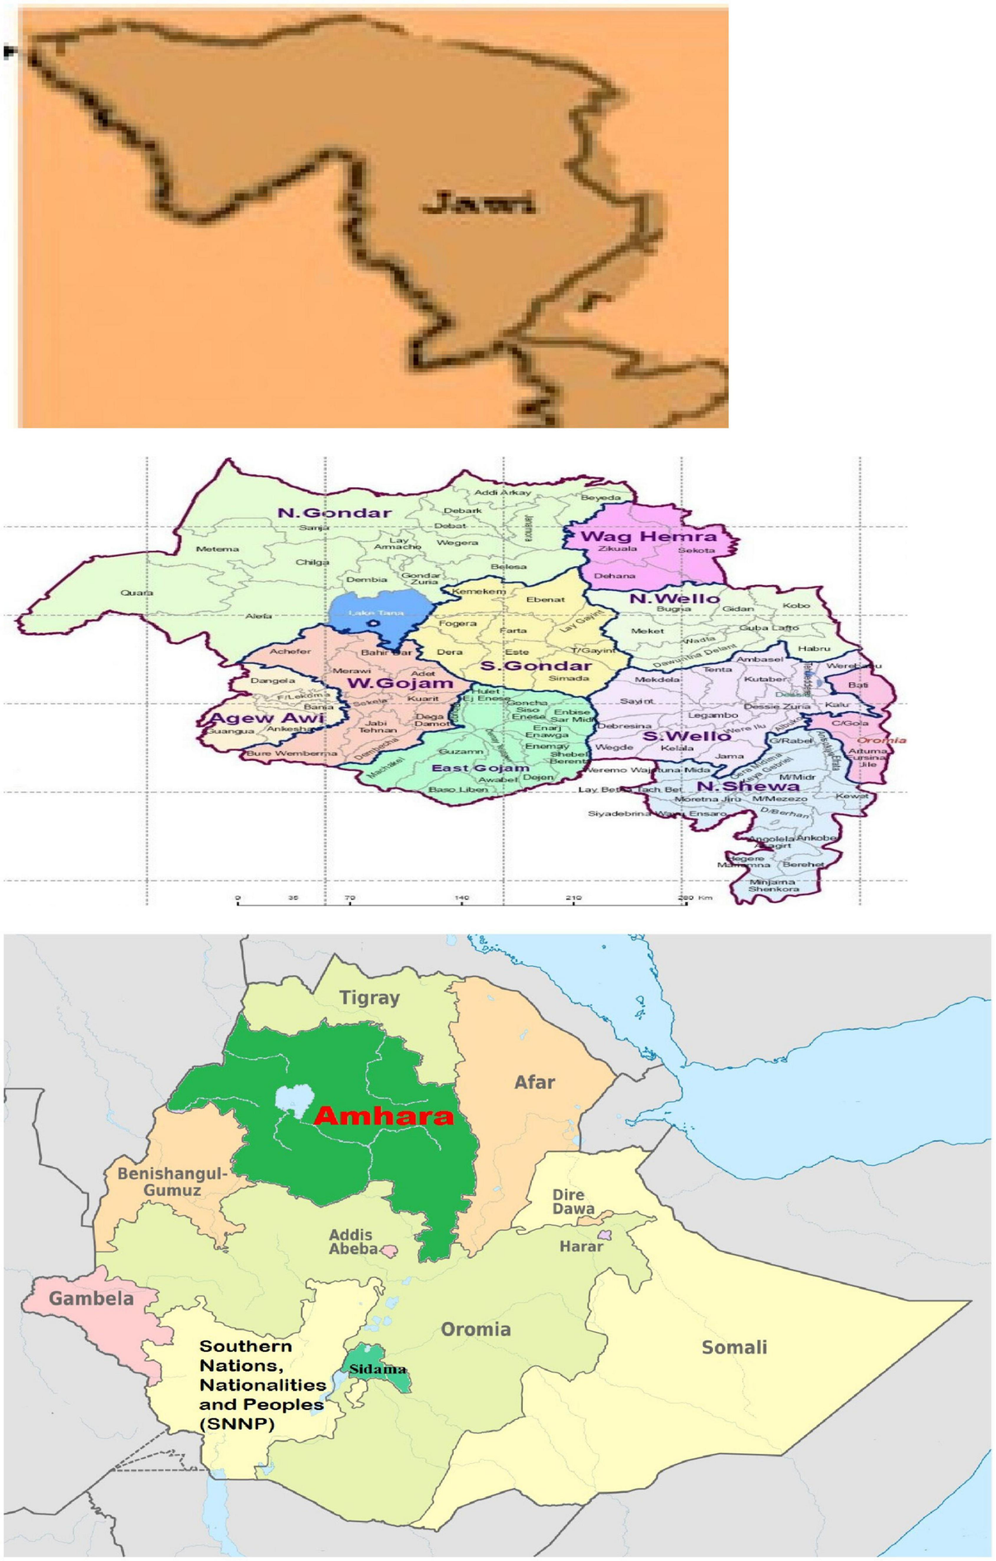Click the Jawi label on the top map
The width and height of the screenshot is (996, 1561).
point(479,202)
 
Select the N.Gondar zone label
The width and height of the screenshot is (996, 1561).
point(334,513)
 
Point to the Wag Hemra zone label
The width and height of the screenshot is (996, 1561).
point(648,536)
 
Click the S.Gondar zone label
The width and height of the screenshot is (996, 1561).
point(535,666)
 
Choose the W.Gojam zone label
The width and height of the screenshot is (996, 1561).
point(400,683)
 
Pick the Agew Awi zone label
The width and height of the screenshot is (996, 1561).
point(266,718)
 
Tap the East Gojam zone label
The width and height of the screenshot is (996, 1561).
point(480,768)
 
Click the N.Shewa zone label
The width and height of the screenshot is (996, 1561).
point(748,785)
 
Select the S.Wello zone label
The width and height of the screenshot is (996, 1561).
point(686,736)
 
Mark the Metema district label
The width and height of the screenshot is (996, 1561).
point(217,549)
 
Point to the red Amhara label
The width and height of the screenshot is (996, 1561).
point(384,1116)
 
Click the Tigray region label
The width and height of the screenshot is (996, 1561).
point(369,998)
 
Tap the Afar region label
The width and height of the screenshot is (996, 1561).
point(535,1082)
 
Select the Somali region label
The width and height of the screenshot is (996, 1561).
point(734,1348)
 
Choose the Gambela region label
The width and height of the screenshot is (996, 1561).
point(91,1298)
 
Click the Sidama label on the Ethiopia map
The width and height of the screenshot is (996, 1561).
point(378,1369)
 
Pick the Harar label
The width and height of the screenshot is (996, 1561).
point(581,1246)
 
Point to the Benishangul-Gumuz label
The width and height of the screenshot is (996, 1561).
point(171,1182)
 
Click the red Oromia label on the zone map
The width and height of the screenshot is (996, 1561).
point(881,740)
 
